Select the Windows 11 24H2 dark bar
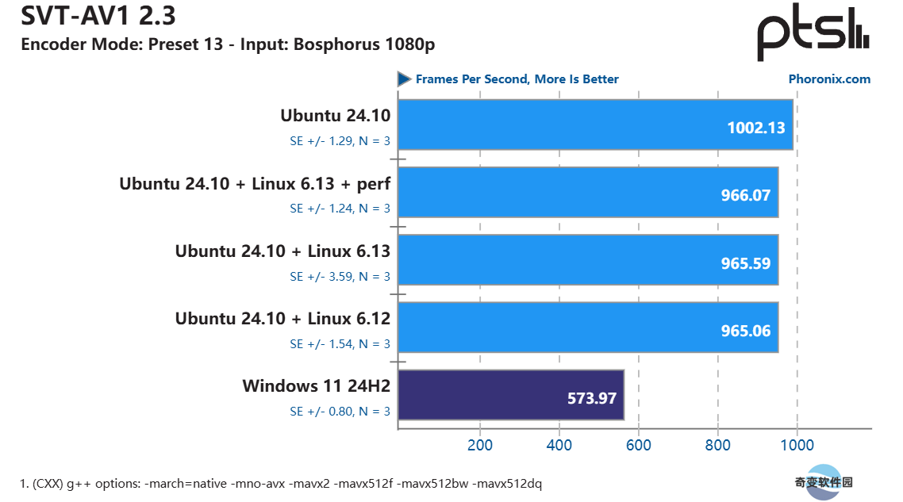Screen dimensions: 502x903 (x=510, y=395)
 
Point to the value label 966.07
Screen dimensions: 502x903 (x=745, y=195)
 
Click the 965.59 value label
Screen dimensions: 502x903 (x=745, y=262)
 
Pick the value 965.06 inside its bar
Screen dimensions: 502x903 (x=745, y=330)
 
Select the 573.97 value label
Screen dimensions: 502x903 (x=591, y=398)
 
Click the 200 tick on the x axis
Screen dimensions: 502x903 (x=479, y=445)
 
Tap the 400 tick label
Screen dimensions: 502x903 (x=559, y=445)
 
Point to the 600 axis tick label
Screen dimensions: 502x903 (x=638, y=445)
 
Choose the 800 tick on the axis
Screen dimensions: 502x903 (x=717, y=445)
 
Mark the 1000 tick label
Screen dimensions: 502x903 (x=797, y=445)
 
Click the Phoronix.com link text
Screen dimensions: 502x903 (x=829, y=79)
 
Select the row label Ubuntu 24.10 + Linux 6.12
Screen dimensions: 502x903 (x=283, y=319)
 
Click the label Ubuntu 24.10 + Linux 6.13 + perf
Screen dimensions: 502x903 (x=256, y=184)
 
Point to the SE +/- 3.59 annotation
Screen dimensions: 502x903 (x=340, y=277)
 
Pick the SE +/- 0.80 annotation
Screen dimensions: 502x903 (x=340, y=412)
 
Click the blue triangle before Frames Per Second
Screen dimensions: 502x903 (x=404, y=79)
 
